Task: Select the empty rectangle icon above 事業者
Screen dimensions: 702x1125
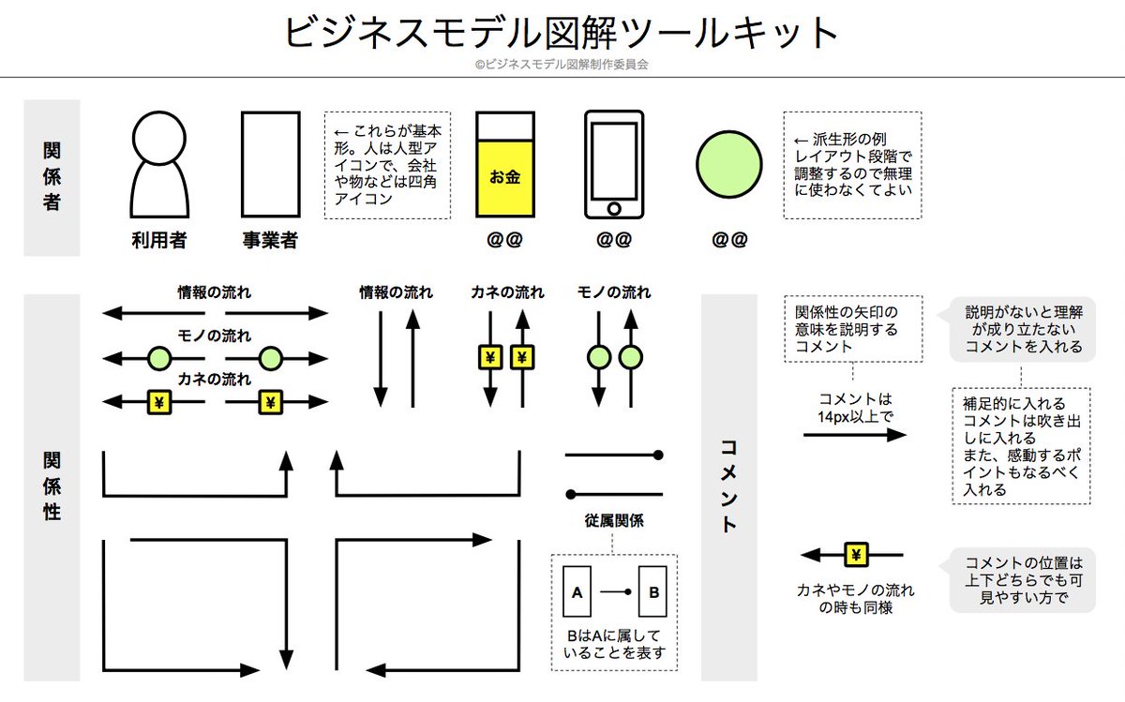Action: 270,165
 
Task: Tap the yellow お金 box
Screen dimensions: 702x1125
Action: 504,177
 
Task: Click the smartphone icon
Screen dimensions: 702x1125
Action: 614,165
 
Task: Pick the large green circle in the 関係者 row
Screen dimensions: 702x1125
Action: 728,165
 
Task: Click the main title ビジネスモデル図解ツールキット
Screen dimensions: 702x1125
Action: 562,33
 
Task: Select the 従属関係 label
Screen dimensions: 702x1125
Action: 614,520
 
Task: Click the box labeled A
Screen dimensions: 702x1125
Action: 577,591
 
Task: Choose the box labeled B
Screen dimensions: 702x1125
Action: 653,591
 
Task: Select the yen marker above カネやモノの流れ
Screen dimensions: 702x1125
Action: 855,555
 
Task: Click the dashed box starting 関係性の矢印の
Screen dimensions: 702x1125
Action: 853,329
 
